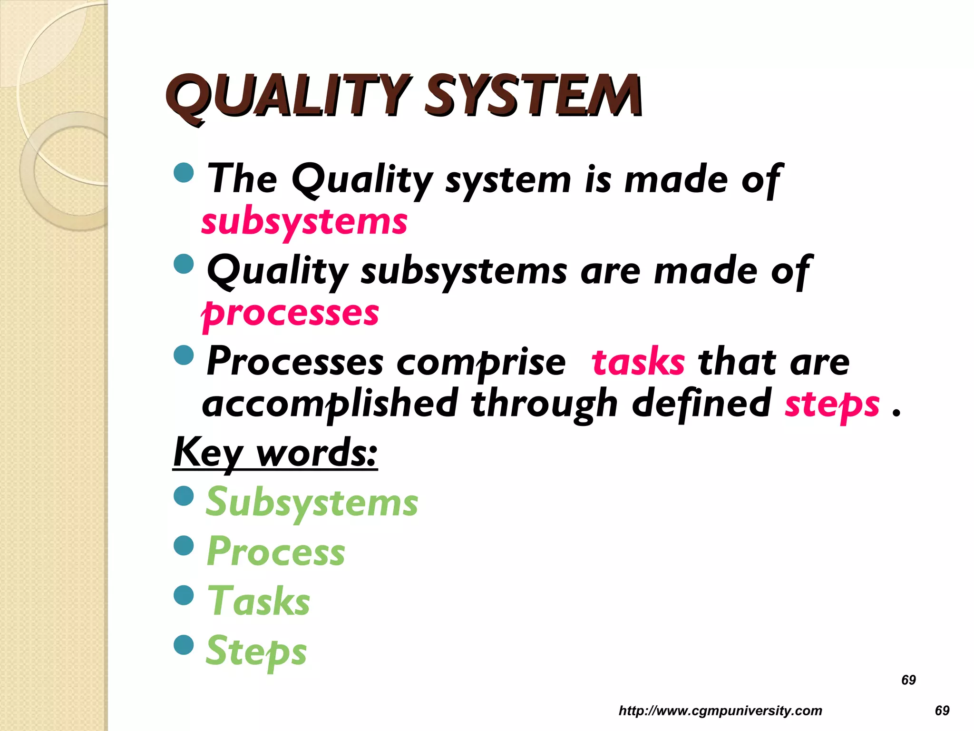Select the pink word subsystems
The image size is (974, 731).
[304, 223]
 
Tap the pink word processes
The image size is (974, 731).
[290, 314]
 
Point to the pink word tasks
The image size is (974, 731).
[638, 363]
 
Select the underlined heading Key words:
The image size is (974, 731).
[275, 453]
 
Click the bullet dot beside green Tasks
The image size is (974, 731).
[184, 595]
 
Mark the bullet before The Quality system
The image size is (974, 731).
[184, 172]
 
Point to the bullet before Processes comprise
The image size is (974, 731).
[184, 355]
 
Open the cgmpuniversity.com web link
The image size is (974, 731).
[720, 711]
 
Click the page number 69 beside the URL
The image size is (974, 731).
[942, 711]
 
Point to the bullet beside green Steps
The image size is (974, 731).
[184, 645]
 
